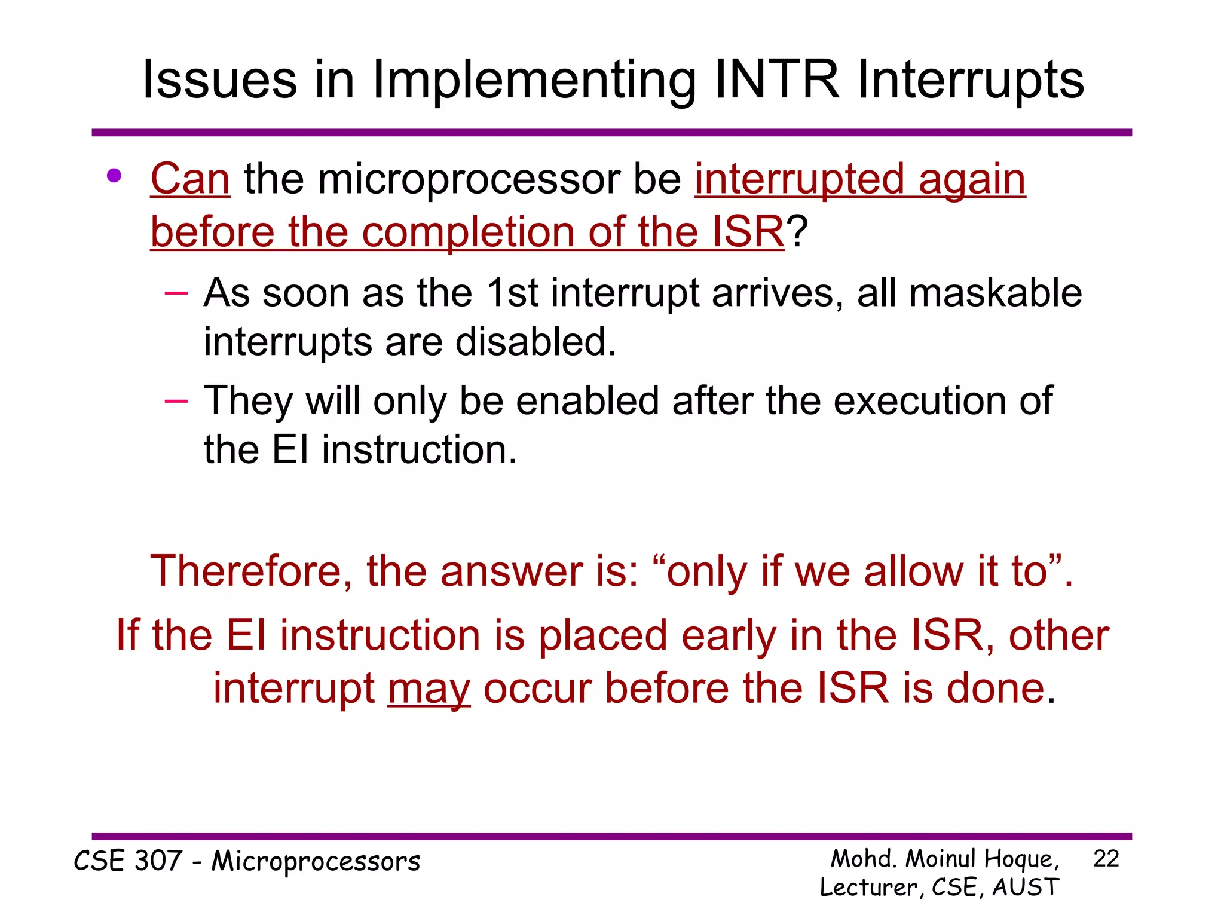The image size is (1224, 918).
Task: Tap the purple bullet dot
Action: click(x=114, y=176)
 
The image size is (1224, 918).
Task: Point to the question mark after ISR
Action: click(x=797, y=231)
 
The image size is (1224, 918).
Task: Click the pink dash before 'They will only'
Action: click(x=176, y=400)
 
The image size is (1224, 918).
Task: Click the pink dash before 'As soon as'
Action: click(x=176, y=293)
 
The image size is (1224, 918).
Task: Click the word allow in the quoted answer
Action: click(x=914, y=571)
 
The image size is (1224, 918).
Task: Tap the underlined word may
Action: click(x=429, y=688)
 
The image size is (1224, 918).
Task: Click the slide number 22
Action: click(x=1106, y=859)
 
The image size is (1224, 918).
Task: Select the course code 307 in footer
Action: click(x=158, y=861)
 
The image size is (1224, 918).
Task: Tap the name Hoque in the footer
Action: click(x=1021, y=859)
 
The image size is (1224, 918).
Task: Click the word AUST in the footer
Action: click(x=1026, y=887)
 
